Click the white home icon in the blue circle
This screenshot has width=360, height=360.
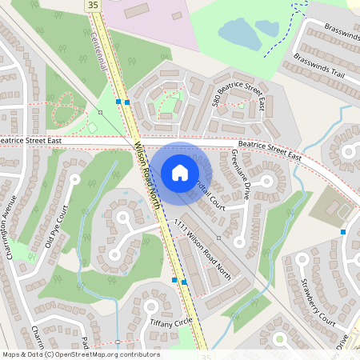tap(180, 172)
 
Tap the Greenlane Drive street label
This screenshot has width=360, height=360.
tap(241, 174)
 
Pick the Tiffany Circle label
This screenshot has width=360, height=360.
tap(171, 321)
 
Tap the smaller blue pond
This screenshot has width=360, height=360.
tap(267, 28)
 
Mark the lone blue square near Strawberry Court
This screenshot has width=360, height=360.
tap(343, 232)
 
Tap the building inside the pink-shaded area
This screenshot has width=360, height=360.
tap(137, 10)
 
